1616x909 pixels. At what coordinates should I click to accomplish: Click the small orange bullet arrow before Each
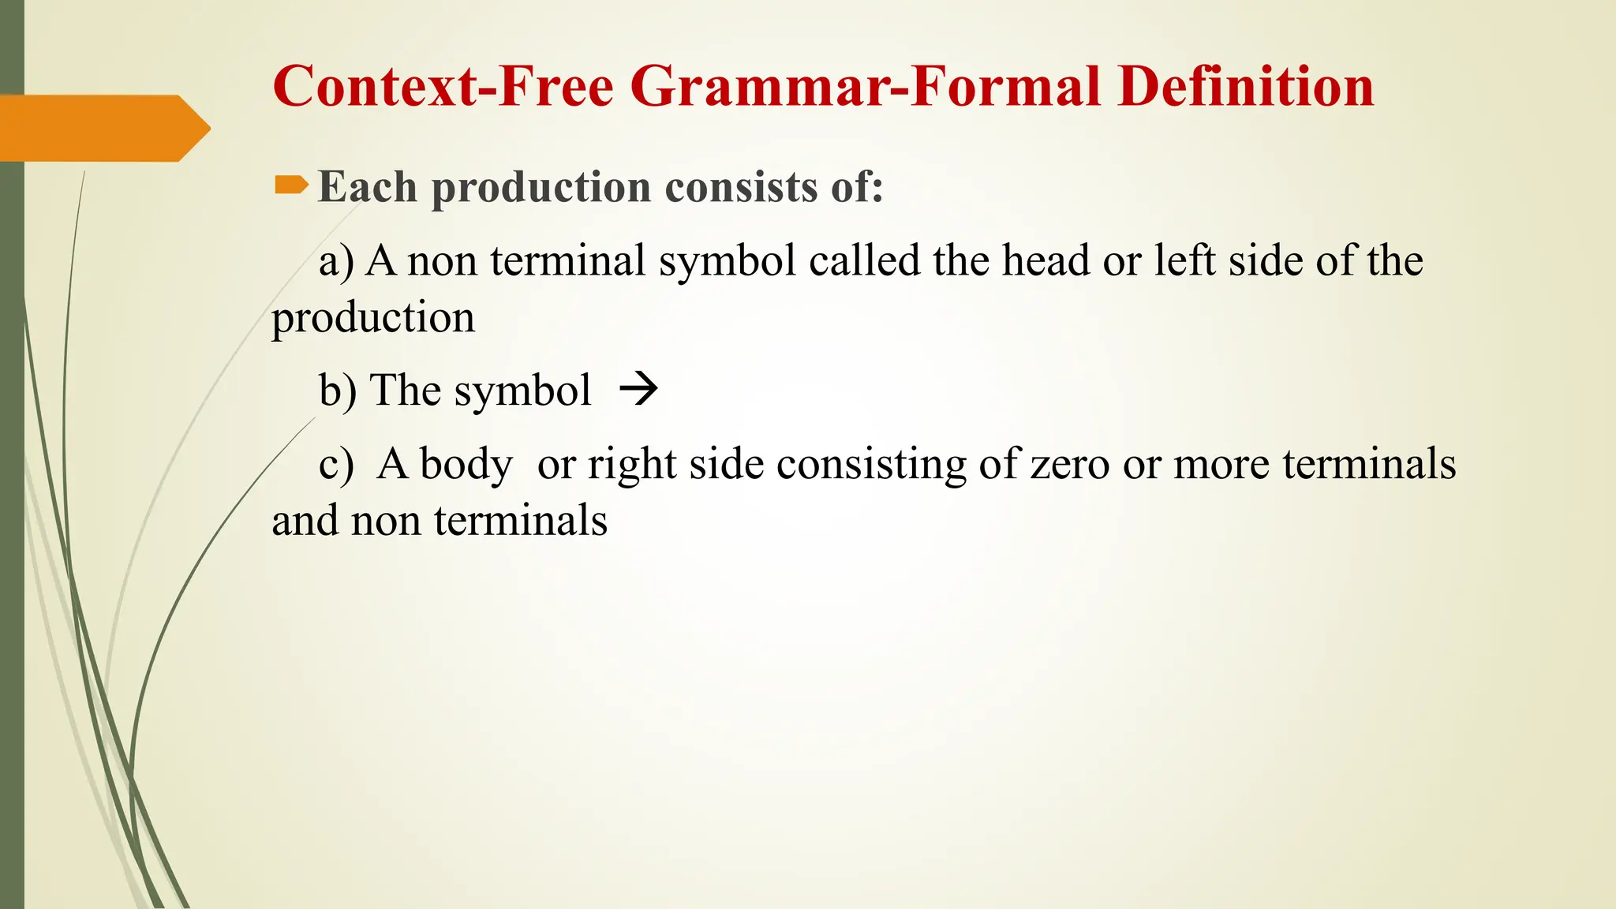(290, 185)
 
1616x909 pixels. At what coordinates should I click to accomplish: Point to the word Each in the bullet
(367, 187)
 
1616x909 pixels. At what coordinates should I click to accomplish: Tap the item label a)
(336, 261)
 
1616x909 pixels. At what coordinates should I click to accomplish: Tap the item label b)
(338, 390)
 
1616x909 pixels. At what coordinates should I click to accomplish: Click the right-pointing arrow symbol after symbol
(638, 389)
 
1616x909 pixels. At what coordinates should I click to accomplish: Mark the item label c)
(336, 464)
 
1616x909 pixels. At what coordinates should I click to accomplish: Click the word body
(466, 465)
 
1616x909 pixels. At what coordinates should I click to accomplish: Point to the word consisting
(871, 465)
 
